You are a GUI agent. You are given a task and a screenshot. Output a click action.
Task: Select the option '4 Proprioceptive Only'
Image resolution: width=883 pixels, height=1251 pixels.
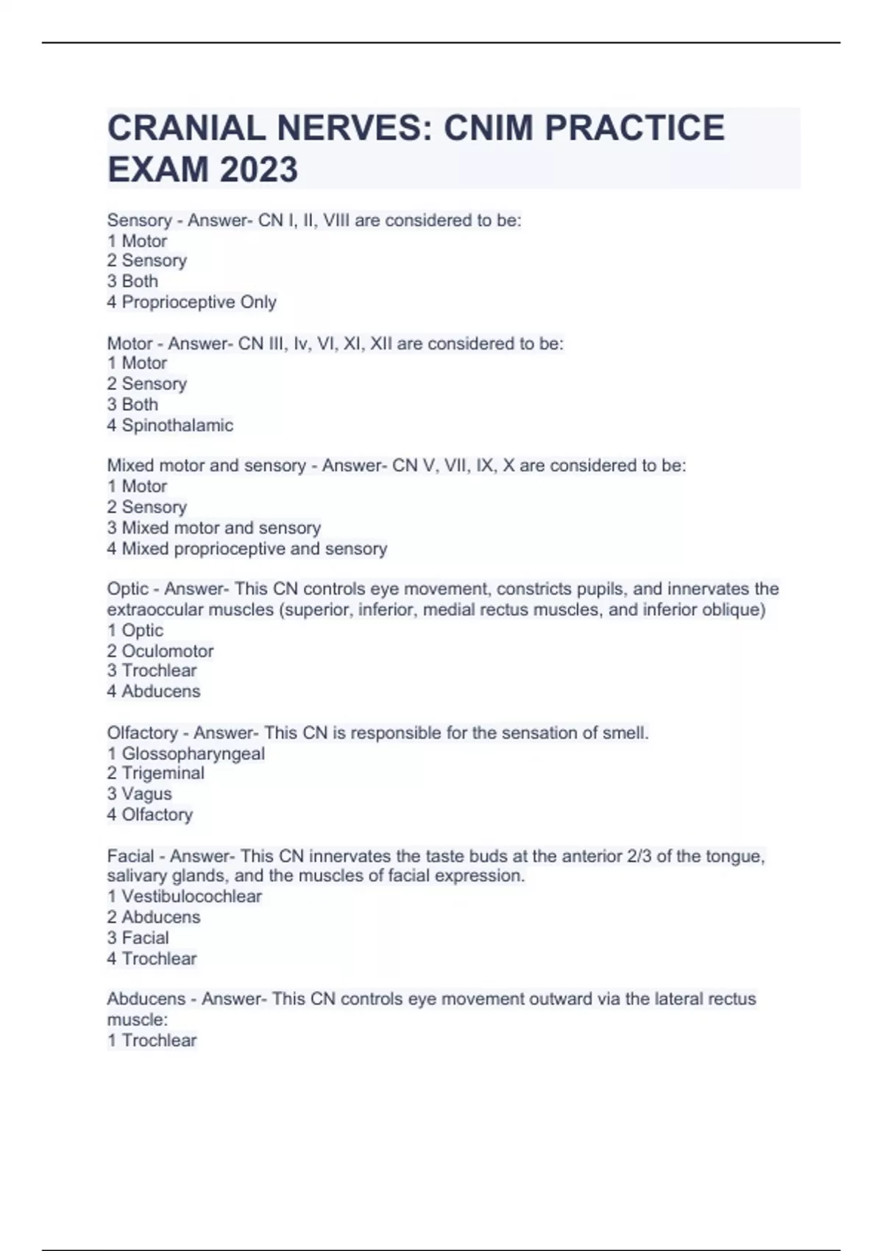tap(191, 302)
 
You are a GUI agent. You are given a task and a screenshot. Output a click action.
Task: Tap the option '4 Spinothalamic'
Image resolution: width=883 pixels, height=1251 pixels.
tap(170, 425)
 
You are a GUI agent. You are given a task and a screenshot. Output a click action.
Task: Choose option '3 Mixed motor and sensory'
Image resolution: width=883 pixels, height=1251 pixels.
tap(213, 528)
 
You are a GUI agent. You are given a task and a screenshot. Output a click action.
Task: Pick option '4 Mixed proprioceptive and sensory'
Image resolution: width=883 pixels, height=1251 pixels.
tap(247, 548)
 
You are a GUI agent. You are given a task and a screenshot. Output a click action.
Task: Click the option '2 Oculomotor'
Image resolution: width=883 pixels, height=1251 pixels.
tap(160, 651)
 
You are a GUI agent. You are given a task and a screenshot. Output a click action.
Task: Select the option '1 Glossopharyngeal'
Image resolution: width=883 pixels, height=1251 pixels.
tap(185, 754)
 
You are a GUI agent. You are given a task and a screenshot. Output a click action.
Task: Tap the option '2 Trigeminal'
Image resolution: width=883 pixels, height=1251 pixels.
tap(155, 773)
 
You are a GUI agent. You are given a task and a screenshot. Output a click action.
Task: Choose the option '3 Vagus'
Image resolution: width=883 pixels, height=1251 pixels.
tap(139, 794)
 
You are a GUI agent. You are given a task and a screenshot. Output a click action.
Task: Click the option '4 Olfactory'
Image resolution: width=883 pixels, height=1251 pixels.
tap(149, 815)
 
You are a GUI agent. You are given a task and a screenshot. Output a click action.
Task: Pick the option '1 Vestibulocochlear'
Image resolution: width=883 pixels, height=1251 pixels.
tap(184, 896)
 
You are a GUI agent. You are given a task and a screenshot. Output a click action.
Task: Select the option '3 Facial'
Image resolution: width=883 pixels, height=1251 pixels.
tap(138, 938)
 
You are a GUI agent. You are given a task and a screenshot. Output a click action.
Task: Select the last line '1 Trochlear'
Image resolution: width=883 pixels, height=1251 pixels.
tap(152, 1041)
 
